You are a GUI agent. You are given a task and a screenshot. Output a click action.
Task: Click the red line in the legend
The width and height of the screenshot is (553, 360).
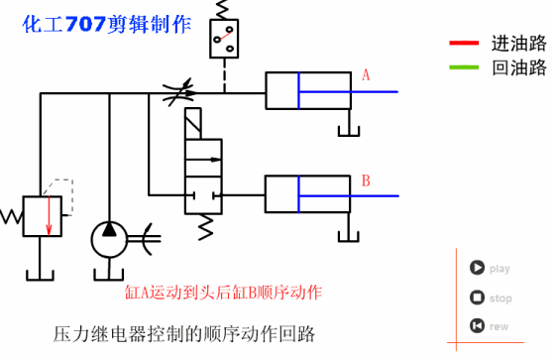[x=464, y=43]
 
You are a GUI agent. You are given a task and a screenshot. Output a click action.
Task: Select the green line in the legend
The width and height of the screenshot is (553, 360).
[x=464, y=67]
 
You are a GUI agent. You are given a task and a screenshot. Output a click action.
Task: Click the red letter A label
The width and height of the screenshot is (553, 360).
[x=366, y=75]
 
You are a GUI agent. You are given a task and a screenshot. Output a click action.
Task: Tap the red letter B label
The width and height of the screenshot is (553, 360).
[x=366, y=180]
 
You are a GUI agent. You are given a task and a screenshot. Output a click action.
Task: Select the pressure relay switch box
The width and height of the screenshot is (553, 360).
[x=224, y=39]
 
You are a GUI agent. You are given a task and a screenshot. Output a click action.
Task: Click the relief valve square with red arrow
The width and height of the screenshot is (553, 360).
[x=43, y=215]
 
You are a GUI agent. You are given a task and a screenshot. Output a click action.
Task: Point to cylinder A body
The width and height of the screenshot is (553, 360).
[x=307, y=90]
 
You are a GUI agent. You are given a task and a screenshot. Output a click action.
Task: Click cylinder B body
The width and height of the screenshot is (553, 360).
[x=307, y=192]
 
